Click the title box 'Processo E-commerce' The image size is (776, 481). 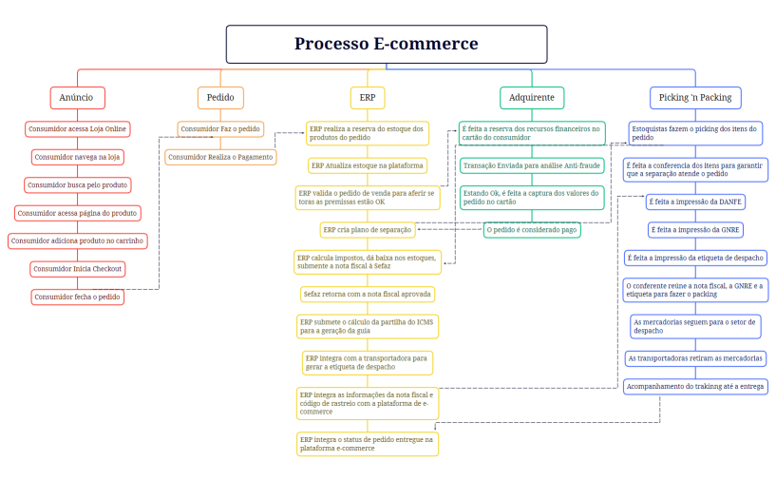click(386, 44)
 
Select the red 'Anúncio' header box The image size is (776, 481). click(77, 98)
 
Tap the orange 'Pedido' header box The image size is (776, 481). click(220, 98)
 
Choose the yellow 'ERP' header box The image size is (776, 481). click(367, 98)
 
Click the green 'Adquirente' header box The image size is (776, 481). click(531, 98)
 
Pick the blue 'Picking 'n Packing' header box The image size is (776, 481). click(695, 98)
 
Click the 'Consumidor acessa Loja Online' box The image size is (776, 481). click(76, 128)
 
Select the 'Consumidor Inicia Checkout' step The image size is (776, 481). click(78, 269)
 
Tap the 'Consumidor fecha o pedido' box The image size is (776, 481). click(78, 297)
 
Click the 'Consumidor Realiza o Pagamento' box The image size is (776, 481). click(220, 157)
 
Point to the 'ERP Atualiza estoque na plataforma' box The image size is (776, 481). click(367, 165)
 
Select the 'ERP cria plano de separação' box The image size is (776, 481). click(367, 229)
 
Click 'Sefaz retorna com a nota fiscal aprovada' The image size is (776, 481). click(367, 294)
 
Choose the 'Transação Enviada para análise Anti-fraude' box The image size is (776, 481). click(531, 165)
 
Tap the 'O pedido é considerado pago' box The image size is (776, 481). click(532, 229)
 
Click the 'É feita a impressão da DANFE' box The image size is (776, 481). click(694, 202)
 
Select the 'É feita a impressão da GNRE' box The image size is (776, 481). click(694, 229)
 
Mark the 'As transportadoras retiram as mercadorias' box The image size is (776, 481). click(695, 358)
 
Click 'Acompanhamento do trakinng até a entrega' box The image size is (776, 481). click(695, 386)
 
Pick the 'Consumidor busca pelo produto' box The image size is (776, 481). click(77, 184)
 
